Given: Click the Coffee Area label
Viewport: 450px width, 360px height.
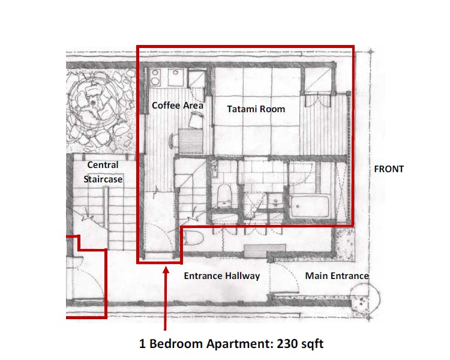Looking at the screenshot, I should [x=177, y=105].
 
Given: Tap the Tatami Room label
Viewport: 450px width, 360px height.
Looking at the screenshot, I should [x=255, y=109].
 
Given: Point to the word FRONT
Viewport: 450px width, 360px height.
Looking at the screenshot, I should [x=389, y=169].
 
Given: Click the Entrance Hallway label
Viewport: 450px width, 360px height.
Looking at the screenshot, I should [x=221, y=276].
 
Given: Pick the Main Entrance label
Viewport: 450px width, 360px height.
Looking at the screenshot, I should [x=337, y=276].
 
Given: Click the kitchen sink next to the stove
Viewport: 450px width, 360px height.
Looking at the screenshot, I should [x=175, y=77].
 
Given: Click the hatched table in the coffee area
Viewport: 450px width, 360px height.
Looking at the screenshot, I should [x=190, y=142].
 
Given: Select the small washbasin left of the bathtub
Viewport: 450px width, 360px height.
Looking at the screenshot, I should [x=276, y=201].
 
